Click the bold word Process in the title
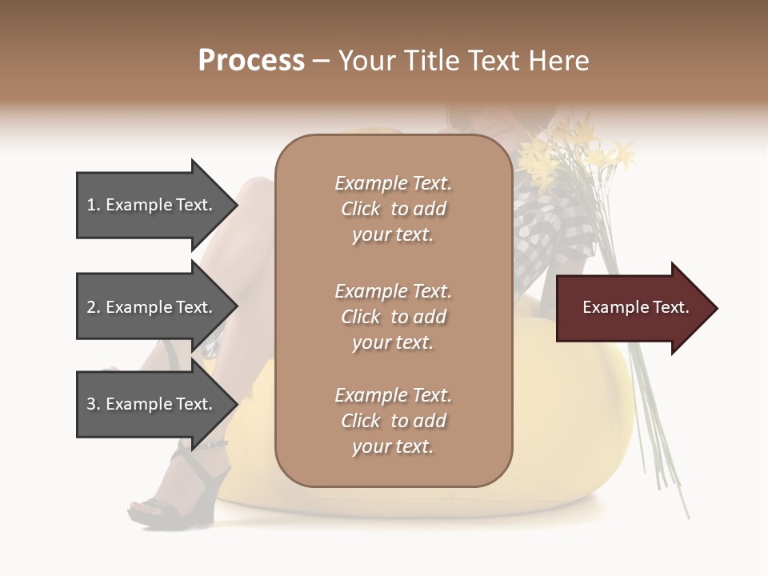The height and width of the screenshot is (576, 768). [x=251, y=61]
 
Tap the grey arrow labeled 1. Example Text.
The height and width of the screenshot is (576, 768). [x=152, y=205]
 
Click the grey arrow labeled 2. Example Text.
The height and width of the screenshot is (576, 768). [x=152, y=307]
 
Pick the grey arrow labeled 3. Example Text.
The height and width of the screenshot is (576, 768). [x=152, y=404]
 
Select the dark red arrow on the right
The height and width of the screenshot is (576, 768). [x=632, y=308]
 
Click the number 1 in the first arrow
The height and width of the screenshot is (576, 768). [x=91, y=205]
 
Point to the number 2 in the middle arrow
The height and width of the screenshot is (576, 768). [x=91, y=307]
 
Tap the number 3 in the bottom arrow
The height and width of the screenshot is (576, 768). [x=91, y=404]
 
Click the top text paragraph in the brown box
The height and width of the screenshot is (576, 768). [x=393, y=209]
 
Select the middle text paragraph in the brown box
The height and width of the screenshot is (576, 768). [x=393, y=317]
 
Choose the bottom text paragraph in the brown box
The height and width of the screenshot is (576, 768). [x=393, y=421]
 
